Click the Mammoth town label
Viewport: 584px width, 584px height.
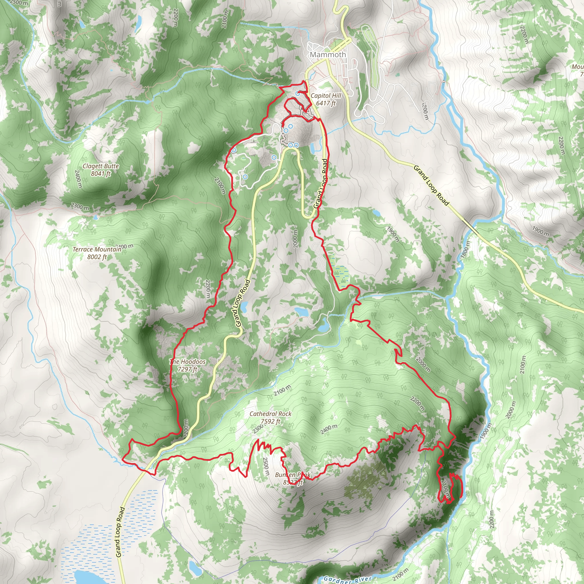[328, 55]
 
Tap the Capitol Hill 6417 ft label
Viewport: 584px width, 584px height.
[326, 99]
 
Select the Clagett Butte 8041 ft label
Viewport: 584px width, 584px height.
[101, 170]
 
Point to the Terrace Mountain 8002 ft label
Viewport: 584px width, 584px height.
[97, 253]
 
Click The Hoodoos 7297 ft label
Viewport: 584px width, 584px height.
[187, 365]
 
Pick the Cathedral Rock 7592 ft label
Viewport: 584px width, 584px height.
[270, 417]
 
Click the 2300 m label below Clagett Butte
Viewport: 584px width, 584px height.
[80, 206]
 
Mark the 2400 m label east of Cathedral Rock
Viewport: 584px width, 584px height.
[328, 429]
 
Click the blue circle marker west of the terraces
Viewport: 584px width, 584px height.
[234, 150]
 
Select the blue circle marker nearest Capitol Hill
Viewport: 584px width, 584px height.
[298, 94]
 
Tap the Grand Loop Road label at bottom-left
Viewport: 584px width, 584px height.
[120, 532]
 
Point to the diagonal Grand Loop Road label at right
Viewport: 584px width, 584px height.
[431, 185]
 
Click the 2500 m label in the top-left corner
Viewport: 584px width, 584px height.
[19, 3]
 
